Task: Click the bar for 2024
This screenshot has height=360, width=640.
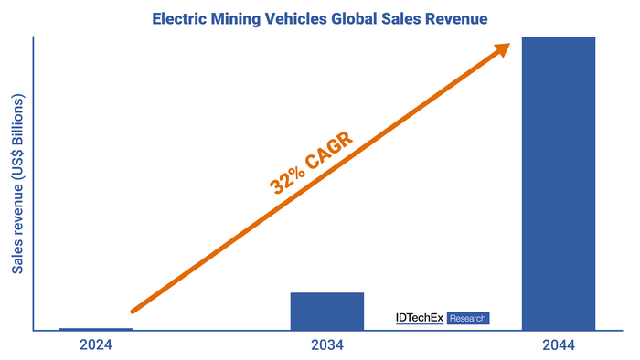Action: tap(95, 329)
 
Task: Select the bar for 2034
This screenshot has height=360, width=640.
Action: tap(326, 312)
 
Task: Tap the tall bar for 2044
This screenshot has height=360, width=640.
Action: tap(558, 183)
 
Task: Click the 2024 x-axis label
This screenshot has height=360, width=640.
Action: tap(96, 346)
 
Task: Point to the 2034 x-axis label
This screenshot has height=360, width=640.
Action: tap(326, 346)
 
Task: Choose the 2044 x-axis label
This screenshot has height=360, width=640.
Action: tap(558, 346)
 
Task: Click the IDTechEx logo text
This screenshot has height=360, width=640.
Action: tap(419, 318)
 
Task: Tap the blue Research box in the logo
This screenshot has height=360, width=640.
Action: tap(468, 318)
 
